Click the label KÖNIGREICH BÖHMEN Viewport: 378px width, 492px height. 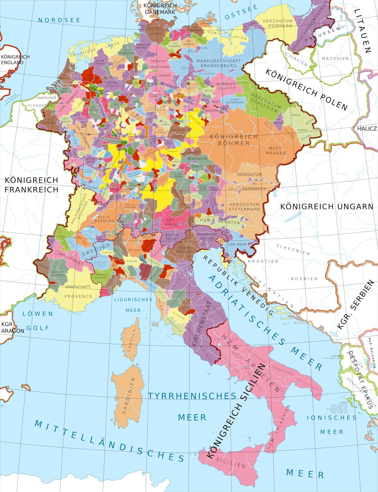coord(234,140)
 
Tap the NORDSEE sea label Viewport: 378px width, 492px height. coord(59,20)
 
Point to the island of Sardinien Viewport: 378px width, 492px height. coord(128,397)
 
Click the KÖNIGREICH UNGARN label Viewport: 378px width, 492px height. coord(327,206)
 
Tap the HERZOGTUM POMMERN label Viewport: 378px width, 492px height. coord(277,23)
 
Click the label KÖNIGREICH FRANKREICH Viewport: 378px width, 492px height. coord(31,185)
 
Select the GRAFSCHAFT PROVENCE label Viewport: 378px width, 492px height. coord(78,291)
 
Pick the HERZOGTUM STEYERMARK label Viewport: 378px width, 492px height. coord(245,207)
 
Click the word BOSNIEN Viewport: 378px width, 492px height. coord(304,279)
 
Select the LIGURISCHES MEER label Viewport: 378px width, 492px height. coord(133,305)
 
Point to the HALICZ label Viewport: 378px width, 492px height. coord(367,129)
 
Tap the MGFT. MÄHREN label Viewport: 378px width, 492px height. coord(276,151)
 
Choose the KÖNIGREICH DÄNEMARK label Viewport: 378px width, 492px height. coord(160,9)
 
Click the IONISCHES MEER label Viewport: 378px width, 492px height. coord(332,424)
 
